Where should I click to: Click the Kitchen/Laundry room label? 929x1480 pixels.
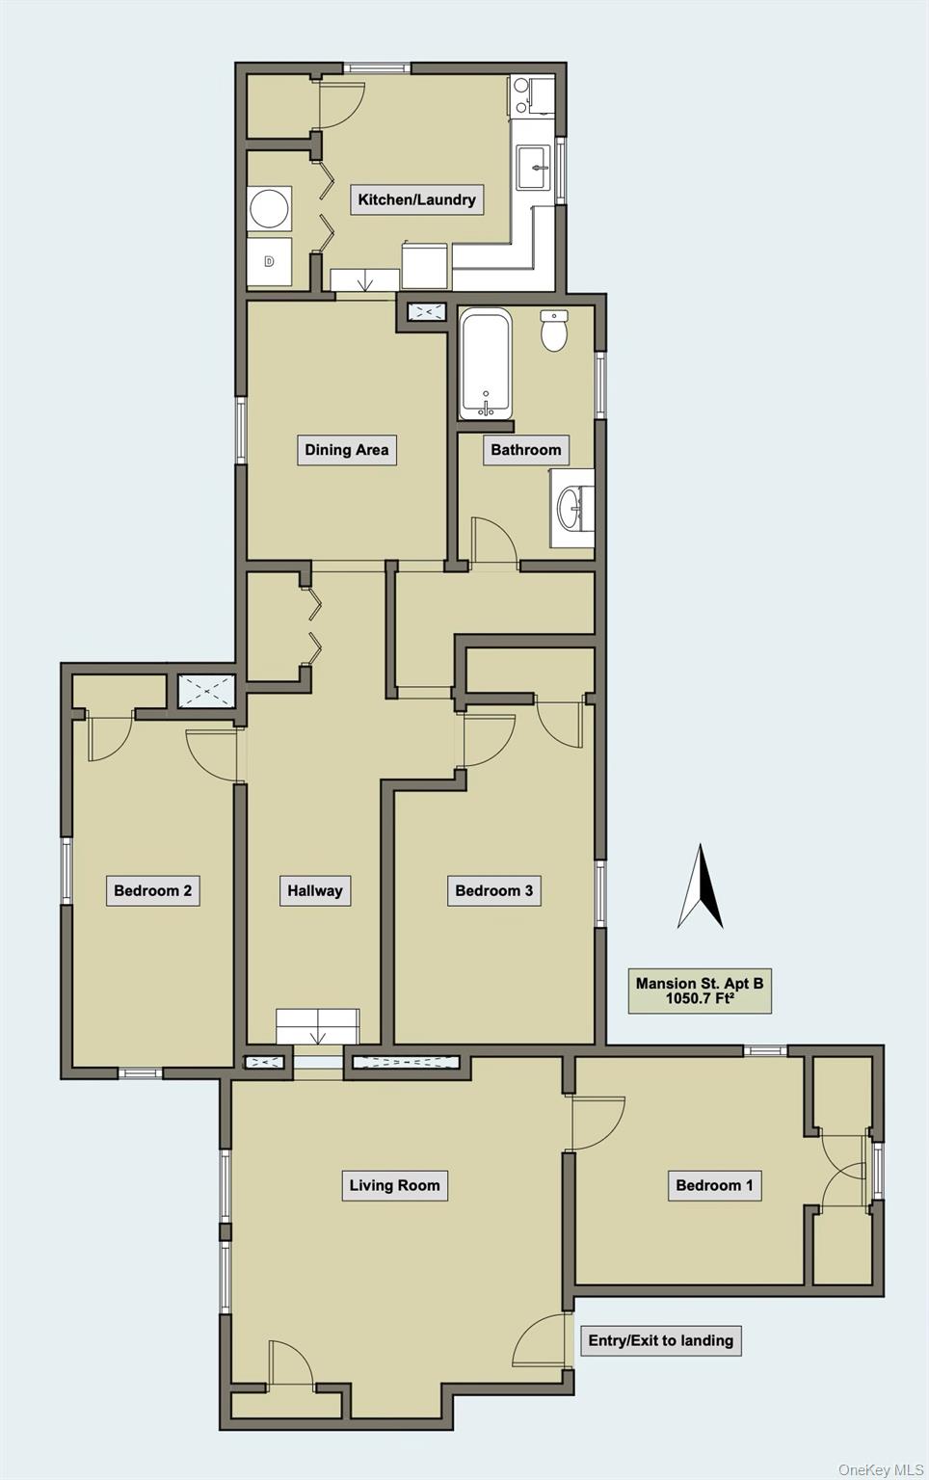pos(416,199)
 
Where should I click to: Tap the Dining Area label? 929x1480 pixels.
pos(346,449)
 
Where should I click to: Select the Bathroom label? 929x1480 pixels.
pos(525,449)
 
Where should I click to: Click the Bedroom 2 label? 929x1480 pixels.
pos(152,890)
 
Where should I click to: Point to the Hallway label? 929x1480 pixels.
pos(314,890)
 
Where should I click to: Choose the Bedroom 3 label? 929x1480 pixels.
pos(493,890)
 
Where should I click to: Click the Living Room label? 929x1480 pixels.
pos(394,1185)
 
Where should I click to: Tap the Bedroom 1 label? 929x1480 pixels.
pos(714,1185)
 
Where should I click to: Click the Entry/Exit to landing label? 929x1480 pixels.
pos(660,1340)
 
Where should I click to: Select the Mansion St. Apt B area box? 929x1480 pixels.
pos(700,991)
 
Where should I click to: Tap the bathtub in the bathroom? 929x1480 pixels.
pos(485,364)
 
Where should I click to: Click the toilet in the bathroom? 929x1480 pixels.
pos(553,330)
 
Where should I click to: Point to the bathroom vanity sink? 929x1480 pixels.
pos(572,507)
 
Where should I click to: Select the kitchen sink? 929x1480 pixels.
pos(533,168)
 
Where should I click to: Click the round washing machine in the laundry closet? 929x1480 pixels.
pos(269,209)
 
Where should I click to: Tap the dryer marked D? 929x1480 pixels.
pos(269,261)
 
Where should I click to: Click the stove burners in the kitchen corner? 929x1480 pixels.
pos(521,94)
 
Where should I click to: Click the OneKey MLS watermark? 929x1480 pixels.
pos(880,1469)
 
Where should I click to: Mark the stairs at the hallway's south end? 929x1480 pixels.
pos(317,1027)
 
